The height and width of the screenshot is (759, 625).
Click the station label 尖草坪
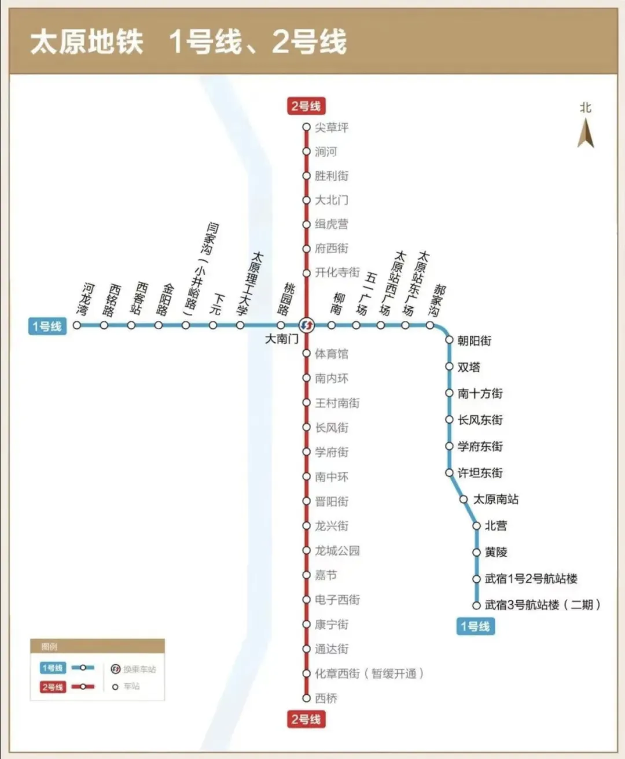coord(331,127)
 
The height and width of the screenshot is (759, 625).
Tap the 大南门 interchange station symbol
coord(307,325)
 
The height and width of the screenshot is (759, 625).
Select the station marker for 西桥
coord(307,698)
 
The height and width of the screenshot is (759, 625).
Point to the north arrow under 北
coord(586,133)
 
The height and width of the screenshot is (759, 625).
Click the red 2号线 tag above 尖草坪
coord(306,106)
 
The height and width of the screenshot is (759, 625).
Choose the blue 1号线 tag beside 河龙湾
coord(47,326)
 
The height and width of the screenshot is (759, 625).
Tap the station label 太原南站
coord(495,499)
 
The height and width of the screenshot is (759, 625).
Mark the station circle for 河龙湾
coord(77,325)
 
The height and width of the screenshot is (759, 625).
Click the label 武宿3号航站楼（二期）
coord(543,605)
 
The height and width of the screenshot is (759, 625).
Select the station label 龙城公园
coord(337,550)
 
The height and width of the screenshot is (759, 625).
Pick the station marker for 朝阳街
coord(449,340)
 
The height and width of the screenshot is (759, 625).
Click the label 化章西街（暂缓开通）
coord(369,673)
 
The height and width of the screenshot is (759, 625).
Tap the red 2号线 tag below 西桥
coord(306,719)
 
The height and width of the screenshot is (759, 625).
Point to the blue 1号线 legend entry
coord(53,668)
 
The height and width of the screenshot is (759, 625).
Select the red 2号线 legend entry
coord(53,687)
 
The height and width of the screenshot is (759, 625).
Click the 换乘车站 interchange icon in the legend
coord(115,669)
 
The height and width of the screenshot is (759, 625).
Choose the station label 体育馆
coord(331,354)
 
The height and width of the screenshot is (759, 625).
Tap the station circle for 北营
coord(476,525)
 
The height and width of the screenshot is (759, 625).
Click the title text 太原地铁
coord(87,42)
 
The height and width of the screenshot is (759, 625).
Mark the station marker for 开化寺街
coord(307,273)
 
